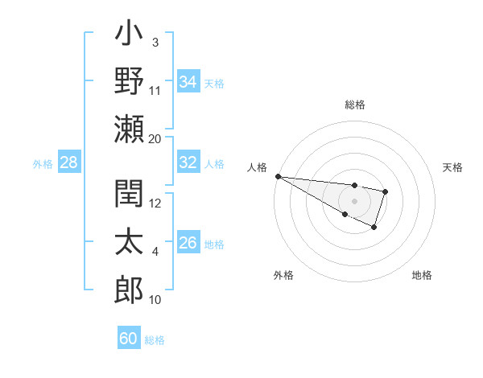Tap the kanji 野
coord(129,81)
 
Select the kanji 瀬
coord(129,129)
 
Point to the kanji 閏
coord(129,195)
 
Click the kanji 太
coord(129,243)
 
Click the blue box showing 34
coord(188,81)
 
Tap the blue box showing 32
coord(188,162)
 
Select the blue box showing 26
coord(188,243)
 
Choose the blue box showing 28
coord(68,162)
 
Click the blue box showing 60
coord(129,339)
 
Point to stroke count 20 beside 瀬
coord(155,138)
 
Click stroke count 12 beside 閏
coord(155,203)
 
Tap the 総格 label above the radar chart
coord(355,105)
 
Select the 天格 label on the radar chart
coord(453,167)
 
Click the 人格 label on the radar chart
coord(257,167)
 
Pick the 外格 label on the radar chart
coord(283,275)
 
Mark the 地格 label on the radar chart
coord(422,275)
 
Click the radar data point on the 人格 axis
coord(278,176)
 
